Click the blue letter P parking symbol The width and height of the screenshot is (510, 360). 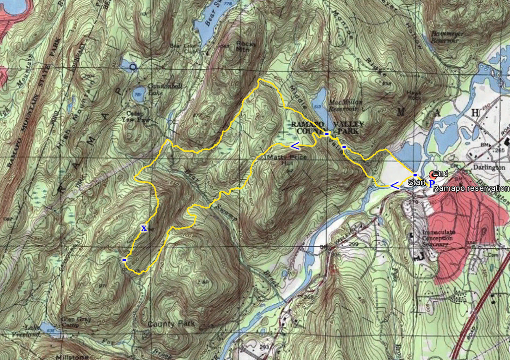(431, 183)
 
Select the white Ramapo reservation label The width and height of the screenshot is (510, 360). (471, 188)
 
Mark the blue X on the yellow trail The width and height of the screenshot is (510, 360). (144, 228)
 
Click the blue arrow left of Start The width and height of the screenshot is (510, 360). (395, 185)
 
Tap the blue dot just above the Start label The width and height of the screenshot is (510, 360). (415, 175)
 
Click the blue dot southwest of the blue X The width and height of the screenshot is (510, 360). (124, 260)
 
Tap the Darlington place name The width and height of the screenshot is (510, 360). (490, 167)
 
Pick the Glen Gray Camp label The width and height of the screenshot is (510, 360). (76, 321)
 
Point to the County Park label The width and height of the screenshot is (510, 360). (172, 323)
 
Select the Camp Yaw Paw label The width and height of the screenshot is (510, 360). (144, 116)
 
